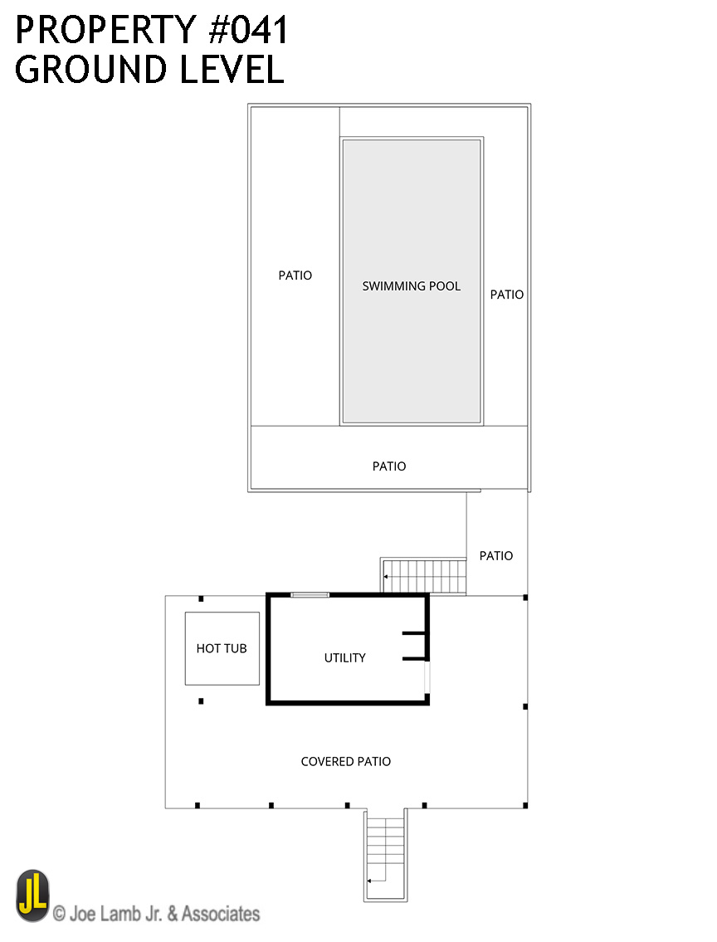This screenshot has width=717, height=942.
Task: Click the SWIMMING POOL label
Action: (x=412, y=286)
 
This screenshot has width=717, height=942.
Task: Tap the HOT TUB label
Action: (x=222, y=648)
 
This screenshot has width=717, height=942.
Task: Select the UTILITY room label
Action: (x=344, y=658)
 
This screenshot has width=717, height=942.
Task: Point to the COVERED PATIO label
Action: (x=346, y=761)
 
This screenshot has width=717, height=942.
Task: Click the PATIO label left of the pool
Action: (x=295, y=276)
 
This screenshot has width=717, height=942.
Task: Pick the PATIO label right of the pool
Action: (x=507, y=295)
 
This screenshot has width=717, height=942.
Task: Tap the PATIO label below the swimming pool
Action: (x=389, y=466)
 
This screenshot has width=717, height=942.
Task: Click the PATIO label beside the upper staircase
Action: (x=496, y=556)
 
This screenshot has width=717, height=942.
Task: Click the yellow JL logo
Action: (x=32, y=896)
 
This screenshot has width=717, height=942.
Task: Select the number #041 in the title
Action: (x=248, y=30)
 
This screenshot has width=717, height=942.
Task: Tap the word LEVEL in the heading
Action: (x=232, y=69)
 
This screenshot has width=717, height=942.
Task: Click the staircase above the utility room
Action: (x=424, y=576)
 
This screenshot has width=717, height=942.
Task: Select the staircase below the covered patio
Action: (x=386, y=854)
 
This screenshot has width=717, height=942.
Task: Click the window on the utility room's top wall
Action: (x=310, y=595)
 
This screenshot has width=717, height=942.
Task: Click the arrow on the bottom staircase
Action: (x=377, y=881)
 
